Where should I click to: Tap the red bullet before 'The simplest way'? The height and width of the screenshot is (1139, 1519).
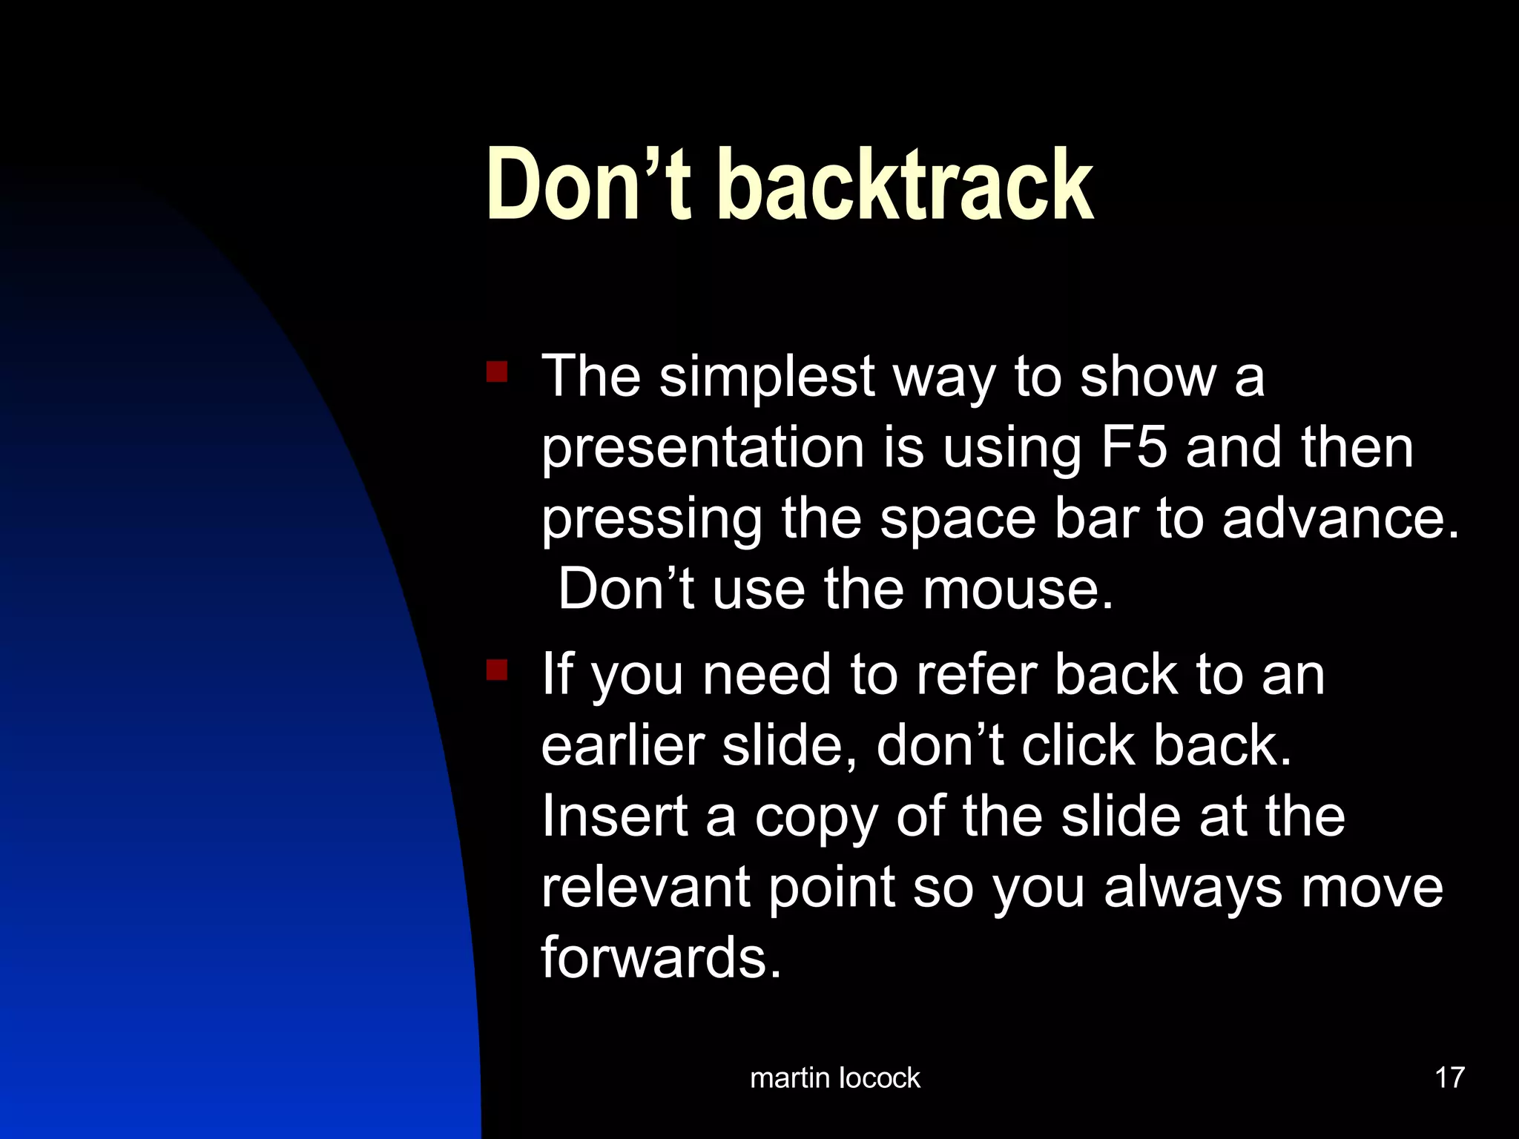tap(496, 371)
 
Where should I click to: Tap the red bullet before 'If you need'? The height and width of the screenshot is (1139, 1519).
tap(496, 670)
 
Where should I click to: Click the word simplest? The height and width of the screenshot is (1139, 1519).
tap(767, 377)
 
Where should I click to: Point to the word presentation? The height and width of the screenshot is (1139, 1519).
tap(702, 449)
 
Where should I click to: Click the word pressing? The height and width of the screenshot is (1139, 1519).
tap(651, 521)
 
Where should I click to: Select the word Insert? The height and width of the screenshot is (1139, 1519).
tap(614, 816)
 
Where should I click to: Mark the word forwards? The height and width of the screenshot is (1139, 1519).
tap(660, 958)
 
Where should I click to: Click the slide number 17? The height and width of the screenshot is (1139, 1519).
tap(1449, 1077)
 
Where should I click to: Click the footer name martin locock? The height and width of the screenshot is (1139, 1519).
tap(834, 1077)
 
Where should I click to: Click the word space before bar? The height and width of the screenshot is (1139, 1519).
tap(958, 521)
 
